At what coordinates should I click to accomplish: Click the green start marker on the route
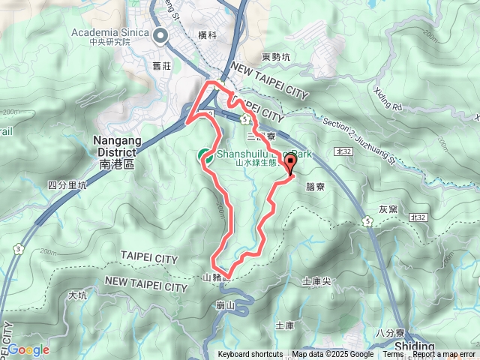[203, 155]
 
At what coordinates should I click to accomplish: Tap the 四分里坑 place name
[67, 184]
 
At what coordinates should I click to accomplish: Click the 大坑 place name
[77, 295]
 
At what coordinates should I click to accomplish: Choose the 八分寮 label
[389, 332]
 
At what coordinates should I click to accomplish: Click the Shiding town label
[413, 347]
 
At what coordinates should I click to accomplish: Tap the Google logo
[28, 349]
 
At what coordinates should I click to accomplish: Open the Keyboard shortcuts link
[250, 355]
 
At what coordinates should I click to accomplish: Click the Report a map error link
[445, 355]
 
